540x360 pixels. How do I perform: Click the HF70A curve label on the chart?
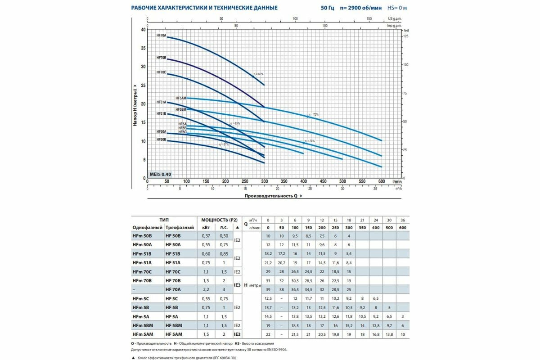click(161, 35)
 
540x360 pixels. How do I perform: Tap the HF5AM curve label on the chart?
click(180, 98)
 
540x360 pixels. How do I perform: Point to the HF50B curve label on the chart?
click(161, 140)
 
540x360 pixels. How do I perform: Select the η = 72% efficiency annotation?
click(313, 115)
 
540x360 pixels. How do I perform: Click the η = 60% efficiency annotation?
click(258, 74)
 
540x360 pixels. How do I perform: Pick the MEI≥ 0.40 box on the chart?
click(160, 174)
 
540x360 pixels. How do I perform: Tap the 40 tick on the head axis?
click(144, 30)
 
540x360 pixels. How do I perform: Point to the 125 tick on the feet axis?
click(407, 36)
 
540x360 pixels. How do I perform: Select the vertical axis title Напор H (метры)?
click(135, 104)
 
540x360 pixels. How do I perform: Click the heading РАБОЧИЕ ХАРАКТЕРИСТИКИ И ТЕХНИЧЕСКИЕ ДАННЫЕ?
click(204, 8)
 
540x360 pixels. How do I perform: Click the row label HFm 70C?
click(143, 272)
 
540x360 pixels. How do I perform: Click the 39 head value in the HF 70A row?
click(268, 288)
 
